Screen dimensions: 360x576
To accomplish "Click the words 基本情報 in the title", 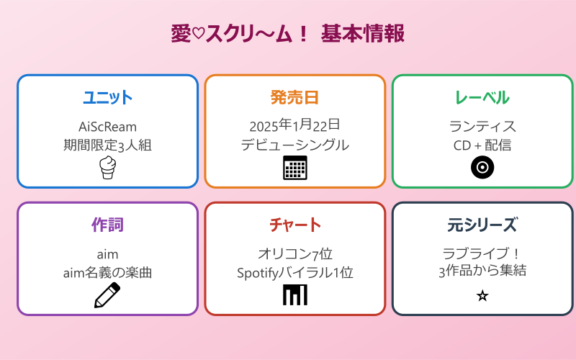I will (362, 34).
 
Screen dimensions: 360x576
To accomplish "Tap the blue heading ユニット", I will (107, 98).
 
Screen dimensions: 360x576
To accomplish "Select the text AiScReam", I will (107, 127).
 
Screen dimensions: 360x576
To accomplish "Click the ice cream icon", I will (107, 167).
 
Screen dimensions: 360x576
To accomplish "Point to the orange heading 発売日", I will (294, 98).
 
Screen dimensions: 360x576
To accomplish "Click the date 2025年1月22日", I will (294, 127).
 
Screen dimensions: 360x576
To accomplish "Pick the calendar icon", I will (294, 168).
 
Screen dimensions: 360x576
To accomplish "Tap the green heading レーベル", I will (482, 98).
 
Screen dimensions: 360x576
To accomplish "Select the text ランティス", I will (482, 127).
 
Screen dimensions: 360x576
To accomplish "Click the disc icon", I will (482, 167).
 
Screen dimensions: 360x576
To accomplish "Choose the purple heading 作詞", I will (107, 225).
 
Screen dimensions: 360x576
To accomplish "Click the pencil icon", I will (107, 295).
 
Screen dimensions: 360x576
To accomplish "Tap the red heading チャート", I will (294, 225).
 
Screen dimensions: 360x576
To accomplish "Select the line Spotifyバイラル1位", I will (294, 273).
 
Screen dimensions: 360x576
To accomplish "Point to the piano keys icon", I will (294, 295).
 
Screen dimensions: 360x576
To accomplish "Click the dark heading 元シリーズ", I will (482, 225).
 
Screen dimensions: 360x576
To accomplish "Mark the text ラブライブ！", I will (482, 254).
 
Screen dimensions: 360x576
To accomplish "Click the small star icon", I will (482, 295).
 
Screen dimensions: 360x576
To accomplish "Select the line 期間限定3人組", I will (107, 145).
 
